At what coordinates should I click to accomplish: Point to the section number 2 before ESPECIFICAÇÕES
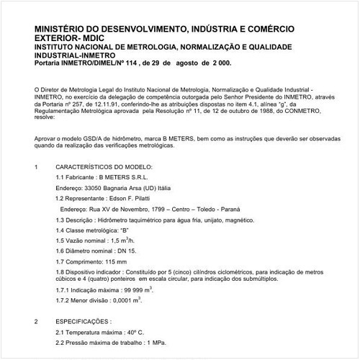click(36, 320)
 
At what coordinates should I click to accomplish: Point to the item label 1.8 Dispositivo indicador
click(90, 273)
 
